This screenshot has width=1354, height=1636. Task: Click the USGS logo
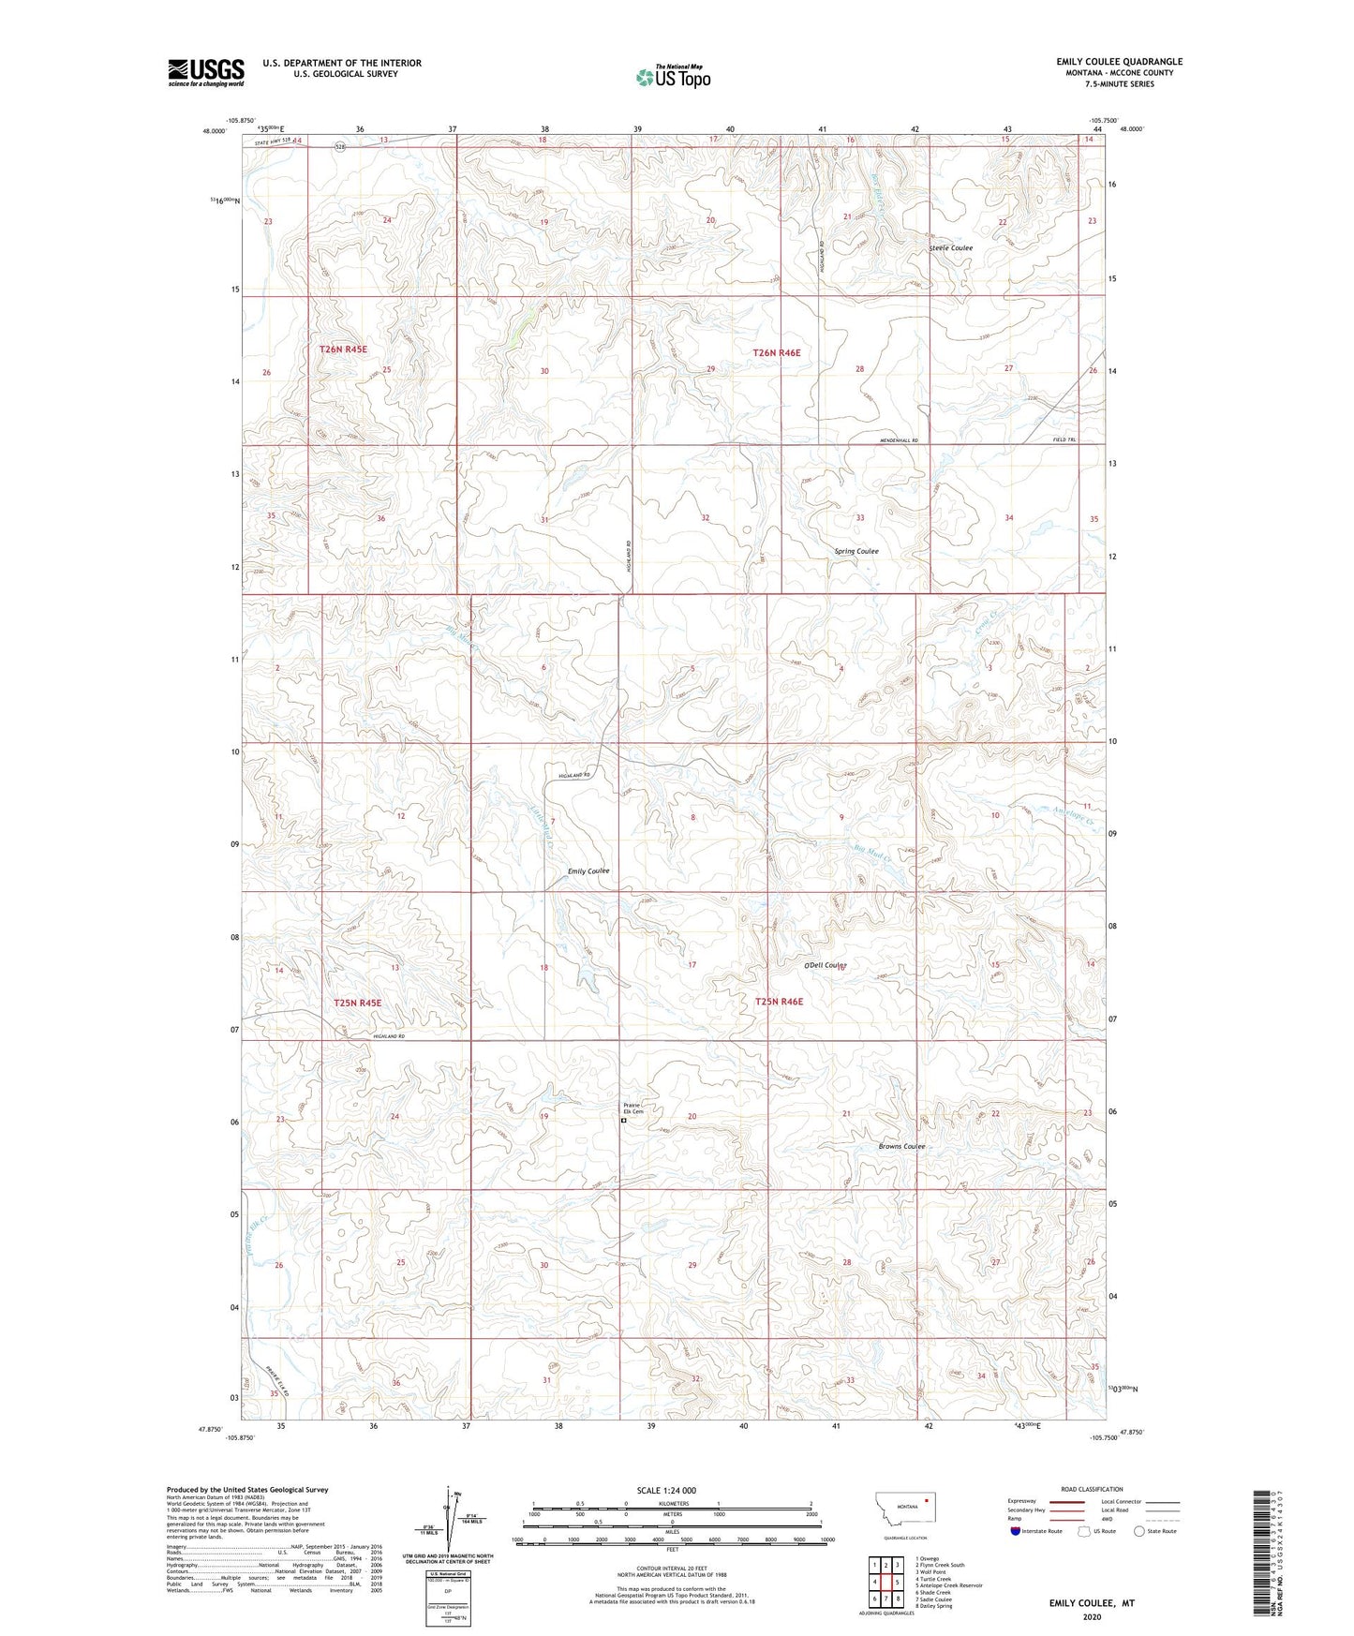206,72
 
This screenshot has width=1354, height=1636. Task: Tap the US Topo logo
672,77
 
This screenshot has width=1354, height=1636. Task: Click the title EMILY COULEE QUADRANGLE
1119,62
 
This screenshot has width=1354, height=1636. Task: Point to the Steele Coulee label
950,248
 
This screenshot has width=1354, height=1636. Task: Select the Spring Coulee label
856,551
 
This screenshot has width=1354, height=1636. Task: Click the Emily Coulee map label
588,871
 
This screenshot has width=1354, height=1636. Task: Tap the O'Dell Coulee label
826,965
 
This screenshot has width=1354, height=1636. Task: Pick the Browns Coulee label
901,1146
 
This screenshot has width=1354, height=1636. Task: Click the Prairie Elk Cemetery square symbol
624,1120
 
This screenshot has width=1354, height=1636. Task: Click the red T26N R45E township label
343,349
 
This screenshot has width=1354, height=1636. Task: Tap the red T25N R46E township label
779,1002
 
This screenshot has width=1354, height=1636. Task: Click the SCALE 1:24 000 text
666,1490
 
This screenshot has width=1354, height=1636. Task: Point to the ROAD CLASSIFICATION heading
1092,1489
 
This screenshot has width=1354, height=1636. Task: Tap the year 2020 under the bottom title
1091,1617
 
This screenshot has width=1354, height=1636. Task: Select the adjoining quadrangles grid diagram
885,1584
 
